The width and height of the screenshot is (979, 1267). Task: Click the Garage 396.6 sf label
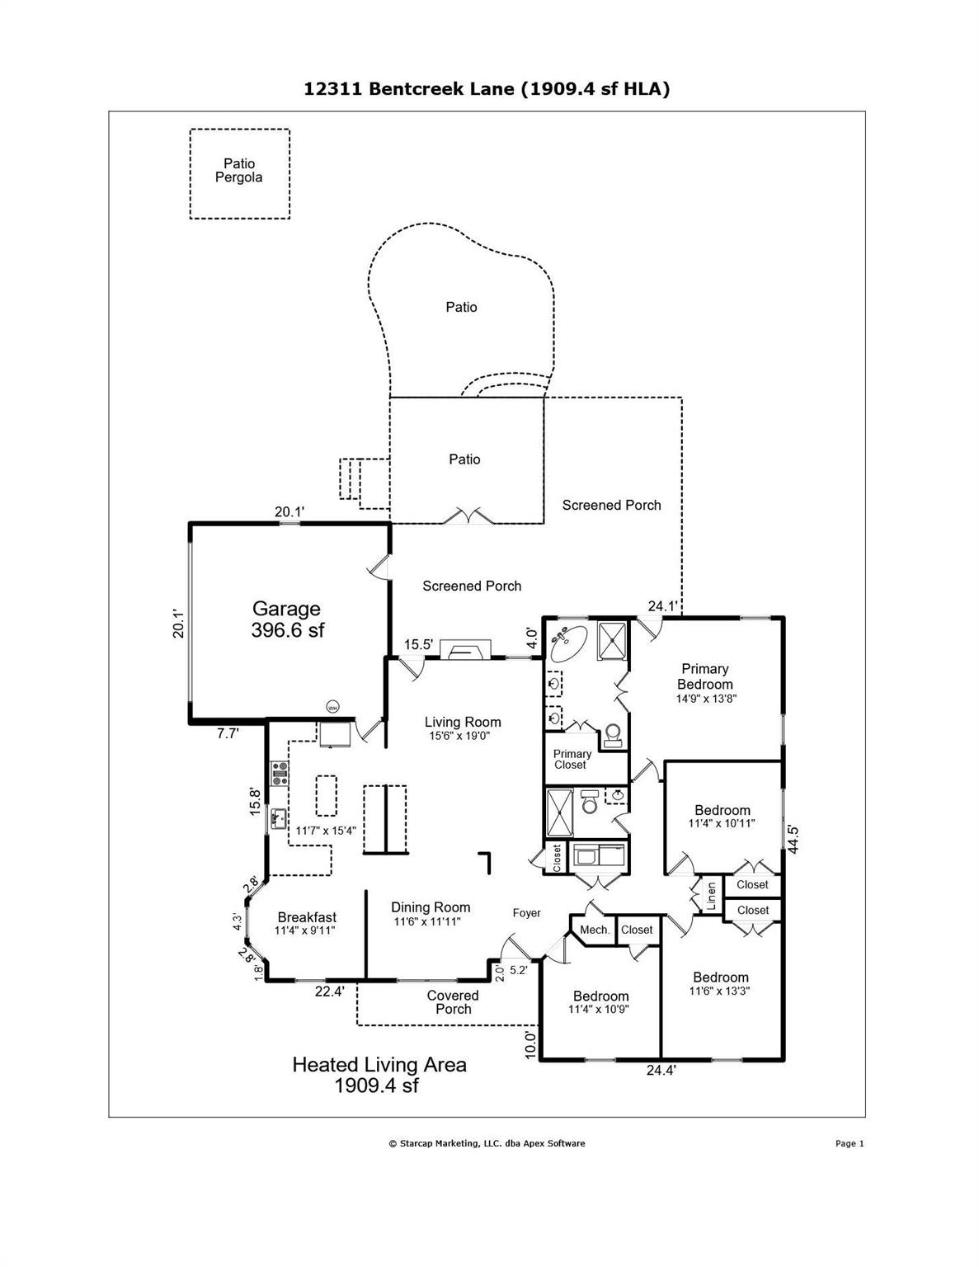coord(286,619)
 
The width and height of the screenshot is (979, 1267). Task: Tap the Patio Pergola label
coord(239,171)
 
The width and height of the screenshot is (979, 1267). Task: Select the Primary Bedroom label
coord(704,676)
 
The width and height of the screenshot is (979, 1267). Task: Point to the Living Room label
coord(463,723)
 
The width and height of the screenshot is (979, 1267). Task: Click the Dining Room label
coord(431,907)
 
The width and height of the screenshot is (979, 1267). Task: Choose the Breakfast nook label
coord(307,917)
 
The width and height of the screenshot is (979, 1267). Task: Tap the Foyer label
coord(527,912)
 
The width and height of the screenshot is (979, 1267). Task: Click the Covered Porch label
coord(453,1002)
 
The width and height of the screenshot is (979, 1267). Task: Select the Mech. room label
coord(595,930)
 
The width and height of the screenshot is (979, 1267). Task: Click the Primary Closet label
coord(572,759)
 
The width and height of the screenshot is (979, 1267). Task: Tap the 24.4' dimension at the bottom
coord(661,1071)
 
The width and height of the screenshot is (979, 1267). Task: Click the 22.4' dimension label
coord(329,991)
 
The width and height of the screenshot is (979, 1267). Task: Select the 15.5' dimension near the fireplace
coord(418,645)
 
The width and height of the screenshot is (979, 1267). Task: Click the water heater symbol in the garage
coord(333,707)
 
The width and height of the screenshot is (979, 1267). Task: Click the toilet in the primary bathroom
coord(613,734)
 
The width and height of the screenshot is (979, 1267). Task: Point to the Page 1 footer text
coord(849,1143)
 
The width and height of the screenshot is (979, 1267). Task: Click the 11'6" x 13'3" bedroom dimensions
coord(720,991)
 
